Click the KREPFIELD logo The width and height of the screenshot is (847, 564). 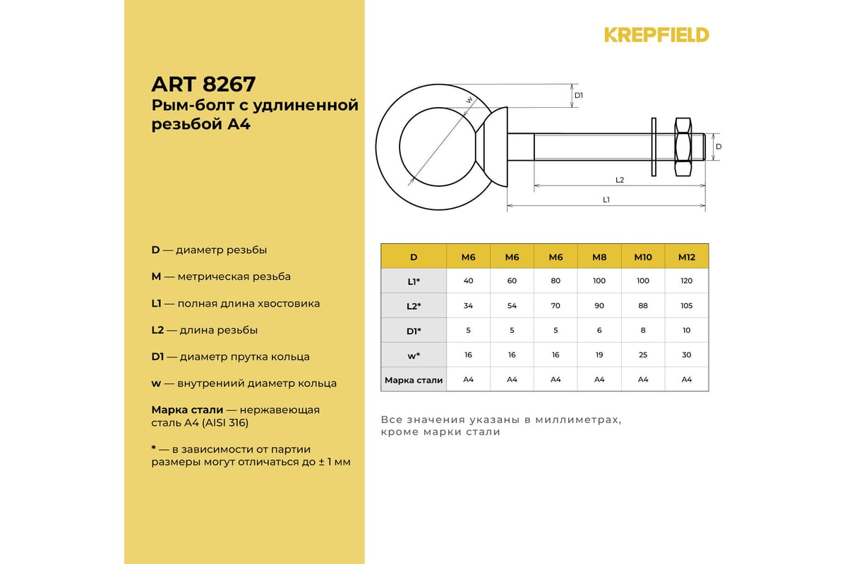tap(656, 35)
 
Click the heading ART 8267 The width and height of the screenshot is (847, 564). tap(203, 85)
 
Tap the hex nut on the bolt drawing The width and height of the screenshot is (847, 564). tap(683, 147)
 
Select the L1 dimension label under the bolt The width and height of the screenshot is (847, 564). tap(606, 200)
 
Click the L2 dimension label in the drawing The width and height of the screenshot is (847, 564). tap(620, 180)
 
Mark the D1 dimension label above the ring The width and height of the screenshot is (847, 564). tap(579, 95)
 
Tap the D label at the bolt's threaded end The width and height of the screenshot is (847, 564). tap(719, 147)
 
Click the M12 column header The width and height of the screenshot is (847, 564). tap(687, 257)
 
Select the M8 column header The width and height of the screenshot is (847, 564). tap(599, 257)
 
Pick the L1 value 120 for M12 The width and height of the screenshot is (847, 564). tap(687, 281)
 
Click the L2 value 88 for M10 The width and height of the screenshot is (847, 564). tap(643, 306)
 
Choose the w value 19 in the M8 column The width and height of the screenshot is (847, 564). tap(599, 355)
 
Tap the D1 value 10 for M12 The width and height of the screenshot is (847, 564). tap(687, 331)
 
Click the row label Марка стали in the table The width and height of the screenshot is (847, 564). tap(414, 380)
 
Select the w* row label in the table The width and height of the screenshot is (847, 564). tap(414, 355)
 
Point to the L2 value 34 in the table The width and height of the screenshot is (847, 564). tap(469, 306)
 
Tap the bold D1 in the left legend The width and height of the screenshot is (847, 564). tap(157, 357)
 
